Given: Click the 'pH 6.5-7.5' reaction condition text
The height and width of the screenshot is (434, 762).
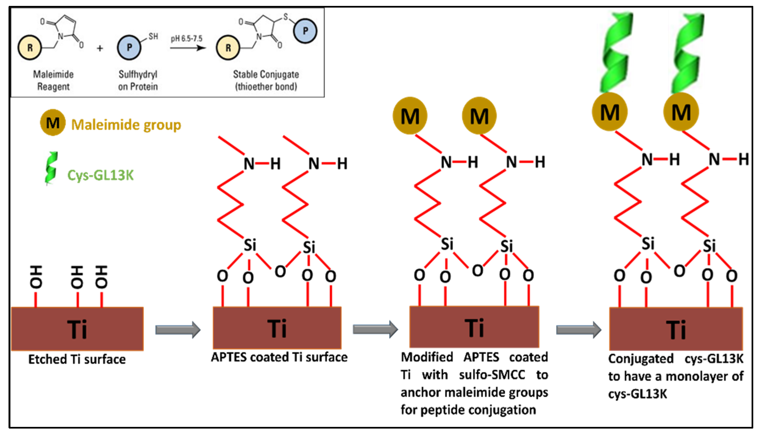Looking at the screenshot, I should coord(187,38).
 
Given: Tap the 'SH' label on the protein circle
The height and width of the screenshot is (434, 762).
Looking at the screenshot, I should coord(153,36).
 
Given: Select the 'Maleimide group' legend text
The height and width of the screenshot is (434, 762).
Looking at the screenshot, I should coord(126,125).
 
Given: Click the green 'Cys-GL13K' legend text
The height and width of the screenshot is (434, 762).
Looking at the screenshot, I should coord(100,175).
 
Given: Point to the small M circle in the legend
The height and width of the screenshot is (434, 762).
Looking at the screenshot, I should coord(53,122).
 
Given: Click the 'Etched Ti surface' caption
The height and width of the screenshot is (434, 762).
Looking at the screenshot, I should coord(77,359).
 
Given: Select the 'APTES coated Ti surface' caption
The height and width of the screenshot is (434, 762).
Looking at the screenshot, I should coord(279,357).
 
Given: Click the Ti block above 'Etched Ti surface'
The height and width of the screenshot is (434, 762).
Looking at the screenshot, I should coord(77,329).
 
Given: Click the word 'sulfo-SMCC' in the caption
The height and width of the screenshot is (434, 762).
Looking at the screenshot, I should coord(492,375).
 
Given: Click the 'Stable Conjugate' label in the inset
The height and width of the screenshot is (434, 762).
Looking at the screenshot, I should coord(266,74).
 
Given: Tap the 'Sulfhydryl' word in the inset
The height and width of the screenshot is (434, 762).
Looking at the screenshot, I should coord(138,74).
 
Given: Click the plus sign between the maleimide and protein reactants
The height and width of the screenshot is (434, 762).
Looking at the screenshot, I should coord(100,48).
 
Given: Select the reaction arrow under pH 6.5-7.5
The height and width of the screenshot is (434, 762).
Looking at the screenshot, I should coord(188,48).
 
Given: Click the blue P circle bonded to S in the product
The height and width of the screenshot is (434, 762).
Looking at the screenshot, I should coord(305,31).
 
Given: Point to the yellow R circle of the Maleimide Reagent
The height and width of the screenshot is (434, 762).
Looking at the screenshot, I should coord(30,48).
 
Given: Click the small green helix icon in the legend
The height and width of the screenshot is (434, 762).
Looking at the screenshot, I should coord(51,168).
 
